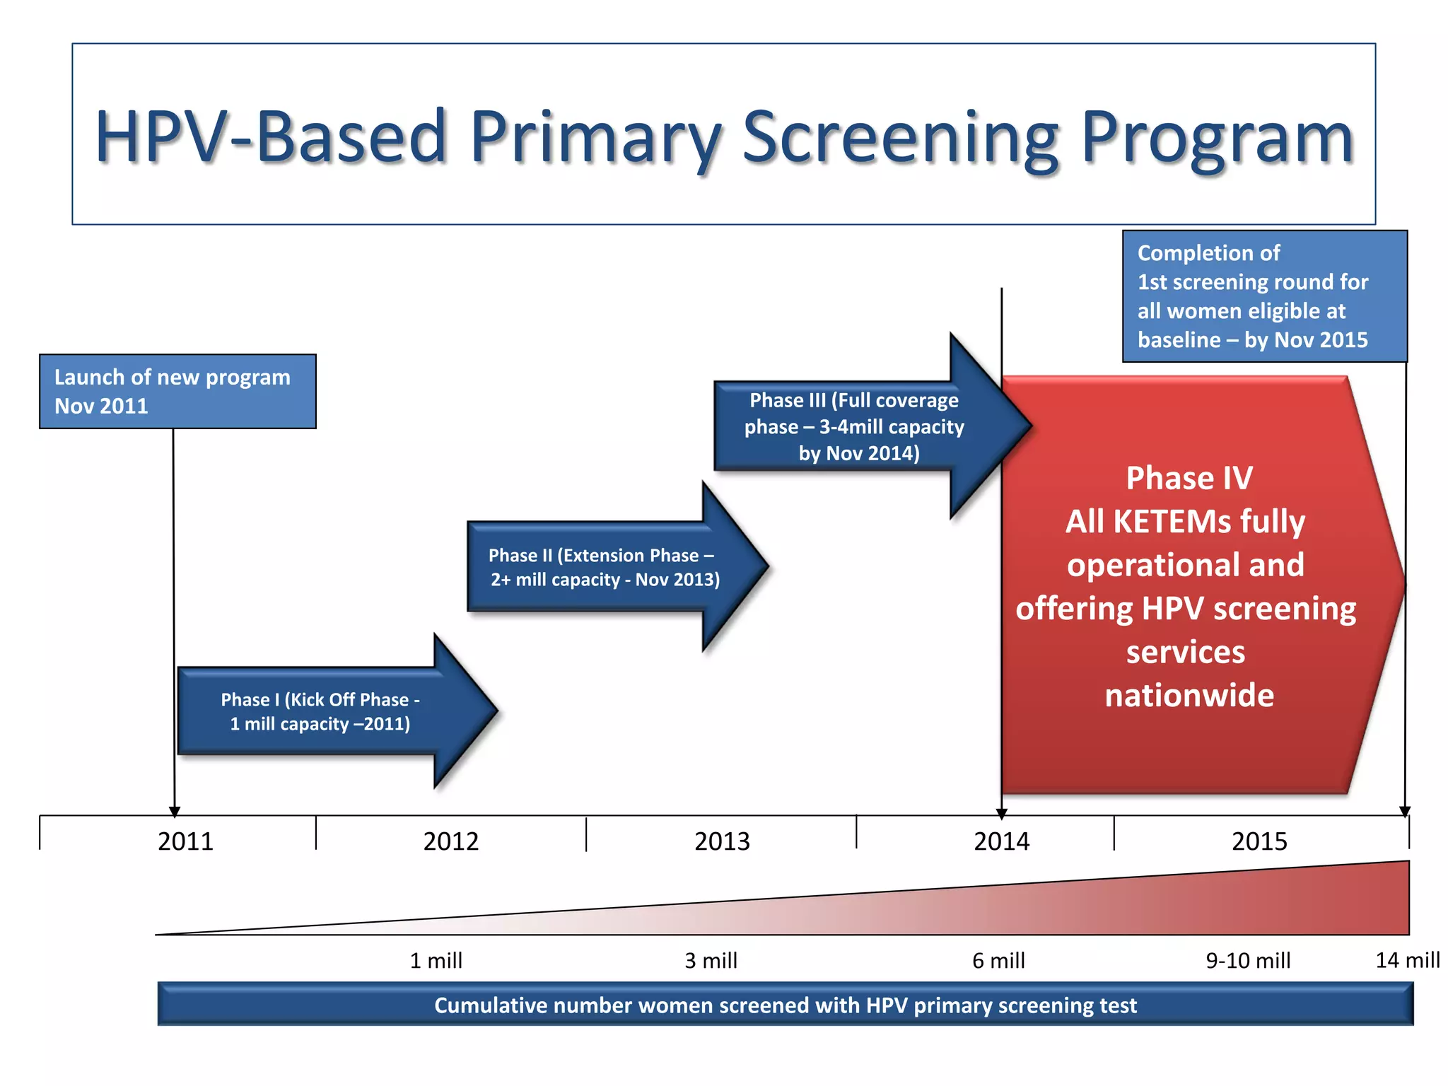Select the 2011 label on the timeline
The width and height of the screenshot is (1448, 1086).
pos(185,841)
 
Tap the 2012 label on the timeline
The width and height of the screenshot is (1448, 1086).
pos(451,841)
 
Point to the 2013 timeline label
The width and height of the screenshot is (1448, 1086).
pos(722,841)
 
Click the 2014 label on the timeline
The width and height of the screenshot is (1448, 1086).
pos(1001,841)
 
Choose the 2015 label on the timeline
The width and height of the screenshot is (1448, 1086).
pos(1259,841)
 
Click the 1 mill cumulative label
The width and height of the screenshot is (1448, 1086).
pos(436,961)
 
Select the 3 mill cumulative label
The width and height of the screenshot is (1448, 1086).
pos(711,961)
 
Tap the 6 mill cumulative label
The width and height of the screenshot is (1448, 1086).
pos(998,961)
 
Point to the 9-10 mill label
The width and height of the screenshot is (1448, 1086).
pos(1248,961)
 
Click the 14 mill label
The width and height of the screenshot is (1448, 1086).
pos(1407,960)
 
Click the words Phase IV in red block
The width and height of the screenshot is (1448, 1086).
pos(1189,479)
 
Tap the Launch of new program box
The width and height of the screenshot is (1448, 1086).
pos(177,392)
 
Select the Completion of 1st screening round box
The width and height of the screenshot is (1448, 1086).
pos(1264,296)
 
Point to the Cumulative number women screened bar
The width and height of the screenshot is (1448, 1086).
pos(785,1005)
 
